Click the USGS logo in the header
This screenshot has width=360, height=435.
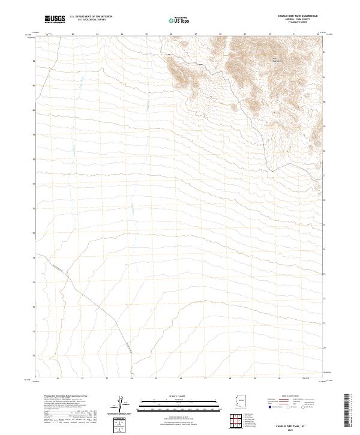pos(55,19)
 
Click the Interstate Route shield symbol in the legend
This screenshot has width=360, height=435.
pos(270,406)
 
